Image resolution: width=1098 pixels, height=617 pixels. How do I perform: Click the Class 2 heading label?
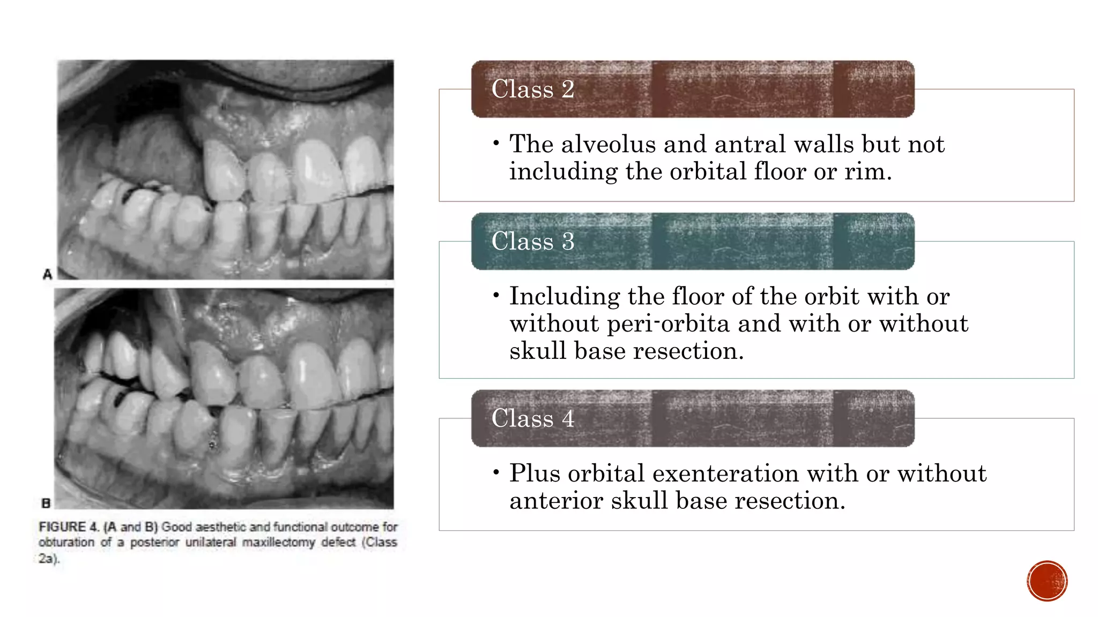coord(532,89)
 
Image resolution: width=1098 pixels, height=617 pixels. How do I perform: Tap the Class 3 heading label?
coord(532,241)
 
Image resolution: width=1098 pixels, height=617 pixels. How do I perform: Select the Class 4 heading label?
coord(532,418)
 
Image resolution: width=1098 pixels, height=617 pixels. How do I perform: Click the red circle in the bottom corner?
coord(1047,581)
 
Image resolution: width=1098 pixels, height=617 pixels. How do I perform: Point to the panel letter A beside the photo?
coord(47,274)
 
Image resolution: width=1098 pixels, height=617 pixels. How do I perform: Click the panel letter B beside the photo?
coord(46,503)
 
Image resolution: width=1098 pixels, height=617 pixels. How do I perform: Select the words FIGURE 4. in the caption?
coord(69,527)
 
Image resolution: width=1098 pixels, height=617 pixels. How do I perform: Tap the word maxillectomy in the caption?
coord(279,543)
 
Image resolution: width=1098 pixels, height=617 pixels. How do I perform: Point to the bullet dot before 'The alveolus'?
coord(496,144)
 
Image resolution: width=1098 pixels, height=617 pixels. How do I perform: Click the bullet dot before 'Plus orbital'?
coord(496,473)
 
